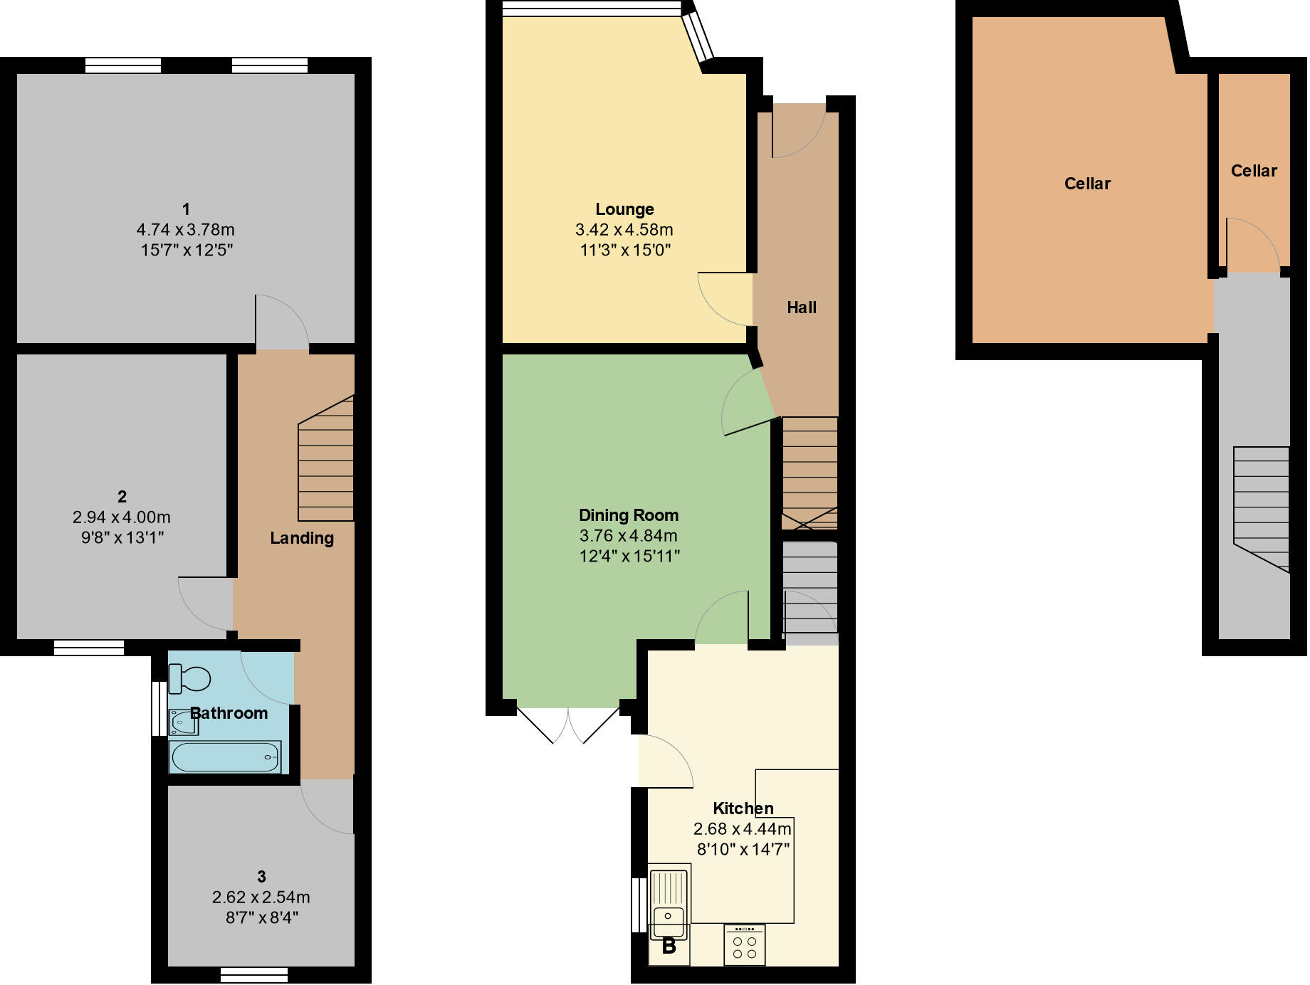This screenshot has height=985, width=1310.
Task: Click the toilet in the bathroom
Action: pos(189,678)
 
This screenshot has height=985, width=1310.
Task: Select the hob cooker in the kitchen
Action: pos(744,944)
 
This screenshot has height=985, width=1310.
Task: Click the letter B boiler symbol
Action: pos(669,947)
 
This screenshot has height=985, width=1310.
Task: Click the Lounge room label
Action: pos(624,209)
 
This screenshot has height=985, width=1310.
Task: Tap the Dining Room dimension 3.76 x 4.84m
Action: pos(628,535)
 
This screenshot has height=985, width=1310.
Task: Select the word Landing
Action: pos(302,538)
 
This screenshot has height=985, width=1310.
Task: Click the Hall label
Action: pos(801,307)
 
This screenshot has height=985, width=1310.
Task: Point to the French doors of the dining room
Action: pos(568,725)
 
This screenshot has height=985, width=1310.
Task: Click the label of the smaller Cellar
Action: pos(1254,171)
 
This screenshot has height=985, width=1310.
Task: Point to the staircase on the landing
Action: pos(326,459)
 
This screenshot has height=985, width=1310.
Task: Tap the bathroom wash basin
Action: pos(183,722)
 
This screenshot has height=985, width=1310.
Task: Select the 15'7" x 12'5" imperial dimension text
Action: pos(187,250)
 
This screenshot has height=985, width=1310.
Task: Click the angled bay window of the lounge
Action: pos(697,37)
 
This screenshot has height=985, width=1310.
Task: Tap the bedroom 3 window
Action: pos(254,974)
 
